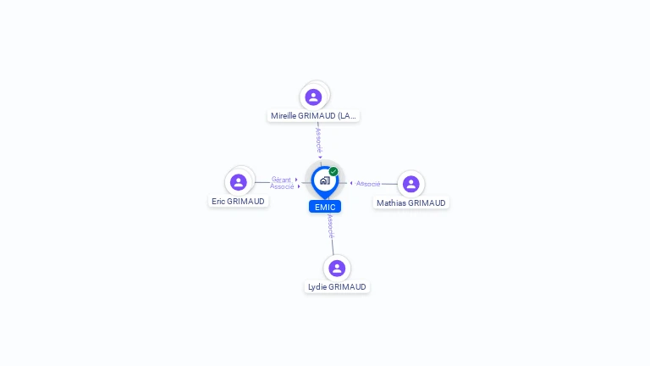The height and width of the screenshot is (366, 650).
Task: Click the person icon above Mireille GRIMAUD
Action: [313, 97]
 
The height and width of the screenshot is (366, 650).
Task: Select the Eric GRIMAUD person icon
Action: [239, 182]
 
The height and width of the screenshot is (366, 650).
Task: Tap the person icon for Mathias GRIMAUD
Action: [410, 184]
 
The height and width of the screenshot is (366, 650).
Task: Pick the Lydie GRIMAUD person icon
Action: [337, 268]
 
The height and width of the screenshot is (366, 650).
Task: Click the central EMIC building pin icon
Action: [325, 182]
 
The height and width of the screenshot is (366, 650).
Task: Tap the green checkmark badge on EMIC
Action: [333, 171]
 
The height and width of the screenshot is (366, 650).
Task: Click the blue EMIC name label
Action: [325, 207]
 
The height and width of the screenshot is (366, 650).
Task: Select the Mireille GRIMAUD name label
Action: [313, 116]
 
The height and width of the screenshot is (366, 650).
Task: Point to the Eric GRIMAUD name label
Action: [238, 202]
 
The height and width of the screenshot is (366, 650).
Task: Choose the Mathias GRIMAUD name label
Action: [410, 203]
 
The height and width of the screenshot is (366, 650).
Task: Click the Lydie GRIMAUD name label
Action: [337, 286]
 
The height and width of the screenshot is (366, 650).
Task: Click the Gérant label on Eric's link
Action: [281, 180]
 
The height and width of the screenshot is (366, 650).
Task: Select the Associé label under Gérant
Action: [282, 186]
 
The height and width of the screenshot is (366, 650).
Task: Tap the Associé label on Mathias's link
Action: [368, 184]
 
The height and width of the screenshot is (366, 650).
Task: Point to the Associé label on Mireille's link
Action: [318, 141]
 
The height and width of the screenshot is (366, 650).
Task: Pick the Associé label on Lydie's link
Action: [330, 226]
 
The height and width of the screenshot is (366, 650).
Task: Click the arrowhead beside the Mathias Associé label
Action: [351, 183]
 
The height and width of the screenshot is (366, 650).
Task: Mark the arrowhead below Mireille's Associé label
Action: [320, 158]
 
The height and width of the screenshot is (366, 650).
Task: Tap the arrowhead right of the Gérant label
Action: [296, 180]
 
